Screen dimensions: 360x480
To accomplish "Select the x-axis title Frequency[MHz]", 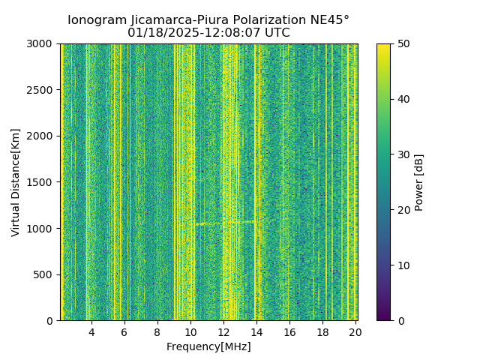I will (x=208, y=346).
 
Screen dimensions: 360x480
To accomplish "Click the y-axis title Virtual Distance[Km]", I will (x=16, y=182).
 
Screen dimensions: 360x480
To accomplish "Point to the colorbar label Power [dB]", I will (x=419, y=182).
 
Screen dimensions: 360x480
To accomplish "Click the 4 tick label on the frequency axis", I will (x=91, y=332).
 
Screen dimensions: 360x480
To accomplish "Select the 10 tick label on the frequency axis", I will (x=190, y=332).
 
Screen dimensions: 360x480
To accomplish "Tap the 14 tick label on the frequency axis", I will (x=256, y=332).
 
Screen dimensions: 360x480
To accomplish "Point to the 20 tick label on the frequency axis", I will (x=355, y=332).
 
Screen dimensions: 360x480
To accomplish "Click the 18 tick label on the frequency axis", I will (x=322, y=332).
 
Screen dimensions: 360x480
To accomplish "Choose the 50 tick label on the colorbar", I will (x=403, y=43).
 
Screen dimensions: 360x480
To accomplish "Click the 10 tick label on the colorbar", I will (x=403, y=265).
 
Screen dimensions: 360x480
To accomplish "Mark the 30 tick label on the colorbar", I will (x=403, y=154).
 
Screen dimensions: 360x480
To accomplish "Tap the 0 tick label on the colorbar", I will (x=400, y=321).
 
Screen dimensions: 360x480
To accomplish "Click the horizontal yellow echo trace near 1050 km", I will (x=225, y=223).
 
